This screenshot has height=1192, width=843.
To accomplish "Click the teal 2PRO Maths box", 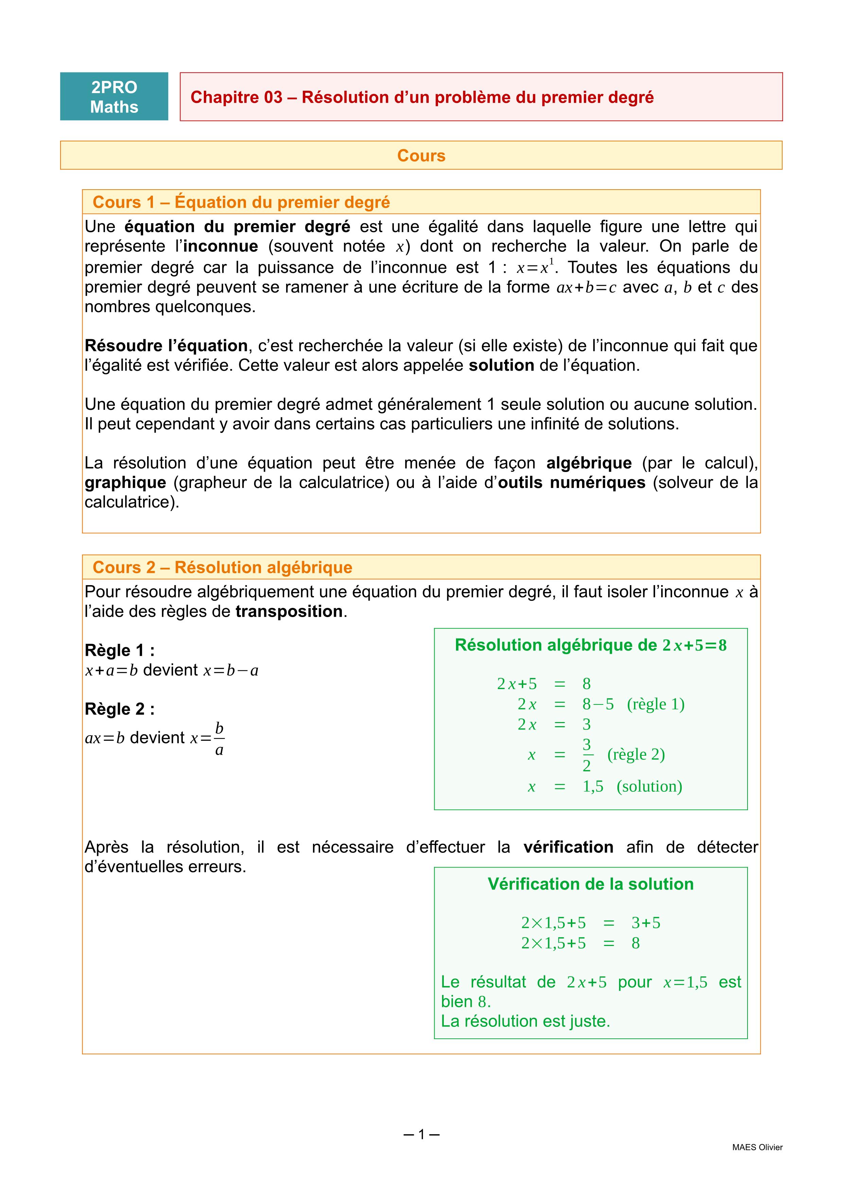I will [114, 97].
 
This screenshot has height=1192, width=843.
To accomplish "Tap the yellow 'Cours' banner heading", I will [421, 156].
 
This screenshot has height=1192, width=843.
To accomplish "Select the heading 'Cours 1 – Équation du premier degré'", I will [241, 202].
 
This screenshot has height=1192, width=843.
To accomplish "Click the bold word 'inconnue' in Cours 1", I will [220, 246].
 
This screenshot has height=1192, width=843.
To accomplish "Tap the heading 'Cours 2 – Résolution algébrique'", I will [222, 567].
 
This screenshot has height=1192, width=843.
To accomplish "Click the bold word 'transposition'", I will [288, 612].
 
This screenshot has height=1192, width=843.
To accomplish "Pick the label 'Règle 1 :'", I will [119, 650].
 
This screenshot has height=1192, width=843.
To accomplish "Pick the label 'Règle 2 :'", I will [119, 709].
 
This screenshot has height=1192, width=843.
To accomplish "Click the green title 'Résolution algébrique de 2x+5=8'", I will [590, 645].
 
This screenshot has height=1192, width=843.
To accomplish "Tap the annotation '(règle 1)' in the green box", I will [655, 704].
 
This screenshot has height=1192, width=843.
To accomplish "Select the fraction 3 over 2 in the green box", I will [586, 755].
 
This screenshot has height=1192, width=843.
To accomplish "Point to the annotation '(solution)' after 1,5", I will [649, 787].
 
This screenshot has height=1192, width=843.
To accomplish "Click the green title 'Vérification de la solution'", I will [590, 884].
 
